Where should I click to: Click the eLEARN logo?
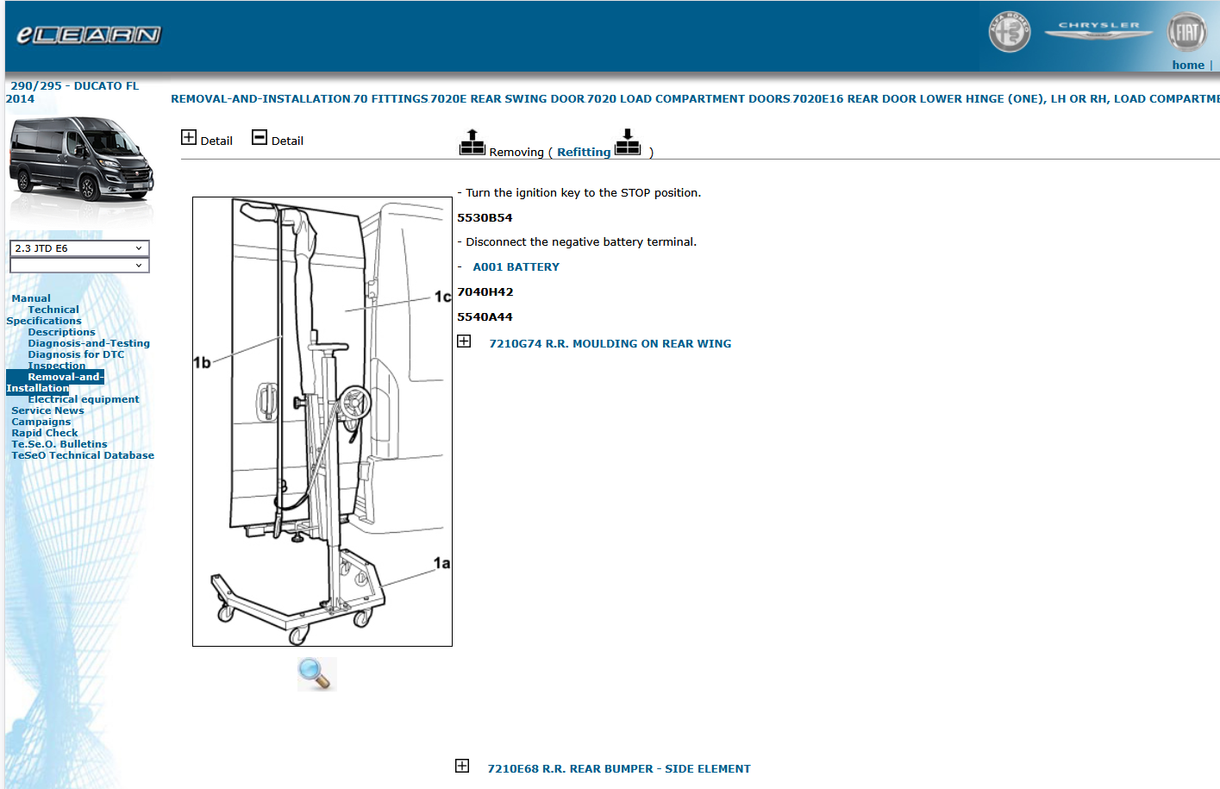pos(88,35)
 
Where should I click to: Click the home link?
pos(1187,66)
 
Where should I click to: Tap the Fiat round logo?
pos(1186,33)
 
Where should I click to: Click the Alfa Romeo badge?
pos(1009,33)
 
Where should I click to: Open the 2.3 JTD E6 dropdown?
pos(79,248)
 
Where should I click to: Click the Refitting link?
pos(583,153)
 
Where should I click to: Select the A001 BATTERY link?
pos(516,267)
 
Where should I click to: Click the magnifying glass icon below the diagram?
pos(316,673)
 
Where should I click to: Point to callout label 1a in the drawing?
pos(441,563)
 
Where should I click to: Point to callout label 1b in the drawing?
pos(202,363)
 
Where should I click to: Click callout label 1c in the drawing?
pos(442,297)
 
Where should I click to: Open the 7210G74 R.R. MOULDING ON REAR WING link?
pos(610,344)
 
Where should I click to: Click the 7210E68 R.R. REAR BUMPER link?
pos(618,769)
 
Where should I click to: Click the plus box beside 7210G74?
pos(464,341)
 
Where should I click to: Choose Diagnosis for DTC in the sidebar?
pos(76,354)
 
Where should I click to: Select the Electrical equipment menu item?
pos(83,399)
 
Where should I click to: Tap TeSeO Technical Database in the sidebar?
pos(83,455)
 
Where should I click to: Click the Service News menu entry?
pos(47,410)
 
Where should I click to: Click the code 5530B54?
pos(485,218)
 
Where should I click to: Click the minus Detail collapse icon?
pos(260,137)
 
